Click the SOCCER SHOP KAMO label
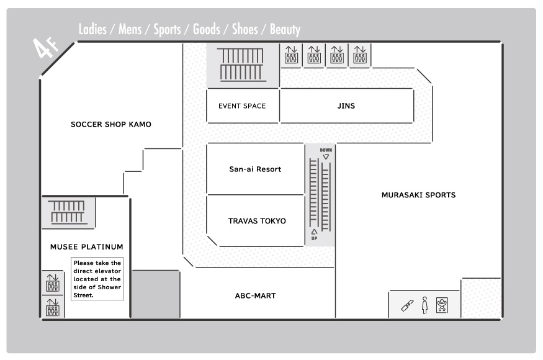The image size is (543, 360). coord(111,124)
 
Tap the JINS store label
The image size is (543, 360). coord(346,106)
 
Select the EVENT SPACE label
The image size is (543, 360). coord(242,106)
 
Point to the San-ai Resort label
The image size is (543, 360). coord(255,169)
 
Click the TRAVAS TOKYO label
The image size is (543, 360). coord(257,221)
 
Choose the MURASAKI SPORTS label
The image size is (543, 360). coord(418,195)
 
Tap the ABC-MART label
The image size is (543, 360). coord(255,295)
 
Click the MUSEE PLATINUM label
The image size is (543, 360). coord(87,246)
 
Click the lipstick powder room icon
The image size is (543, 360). coord(407,305)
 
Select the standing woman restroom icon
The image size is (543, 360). coord(425,305)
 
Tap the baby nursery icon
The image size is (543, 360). coord(442,305)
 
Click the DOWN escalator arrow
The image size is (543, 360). coord(326,157)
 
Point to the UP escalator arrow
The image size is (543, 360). coord(314,232)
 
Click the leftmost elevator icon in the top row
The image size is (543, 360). coord(291,55)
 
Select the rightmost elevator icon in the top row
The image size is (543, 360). coord(360,55)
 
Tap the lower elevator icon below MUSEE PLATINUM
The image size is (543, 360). coord(53,307)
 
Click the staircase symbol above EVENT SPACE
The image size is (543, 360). coord(242,65)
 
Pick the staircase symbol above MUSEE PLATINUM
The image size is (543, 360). coord(68,212)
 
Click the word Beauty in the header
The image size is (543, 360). coord(285,29)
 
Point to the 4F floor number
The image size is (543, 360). coord(46,47)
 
